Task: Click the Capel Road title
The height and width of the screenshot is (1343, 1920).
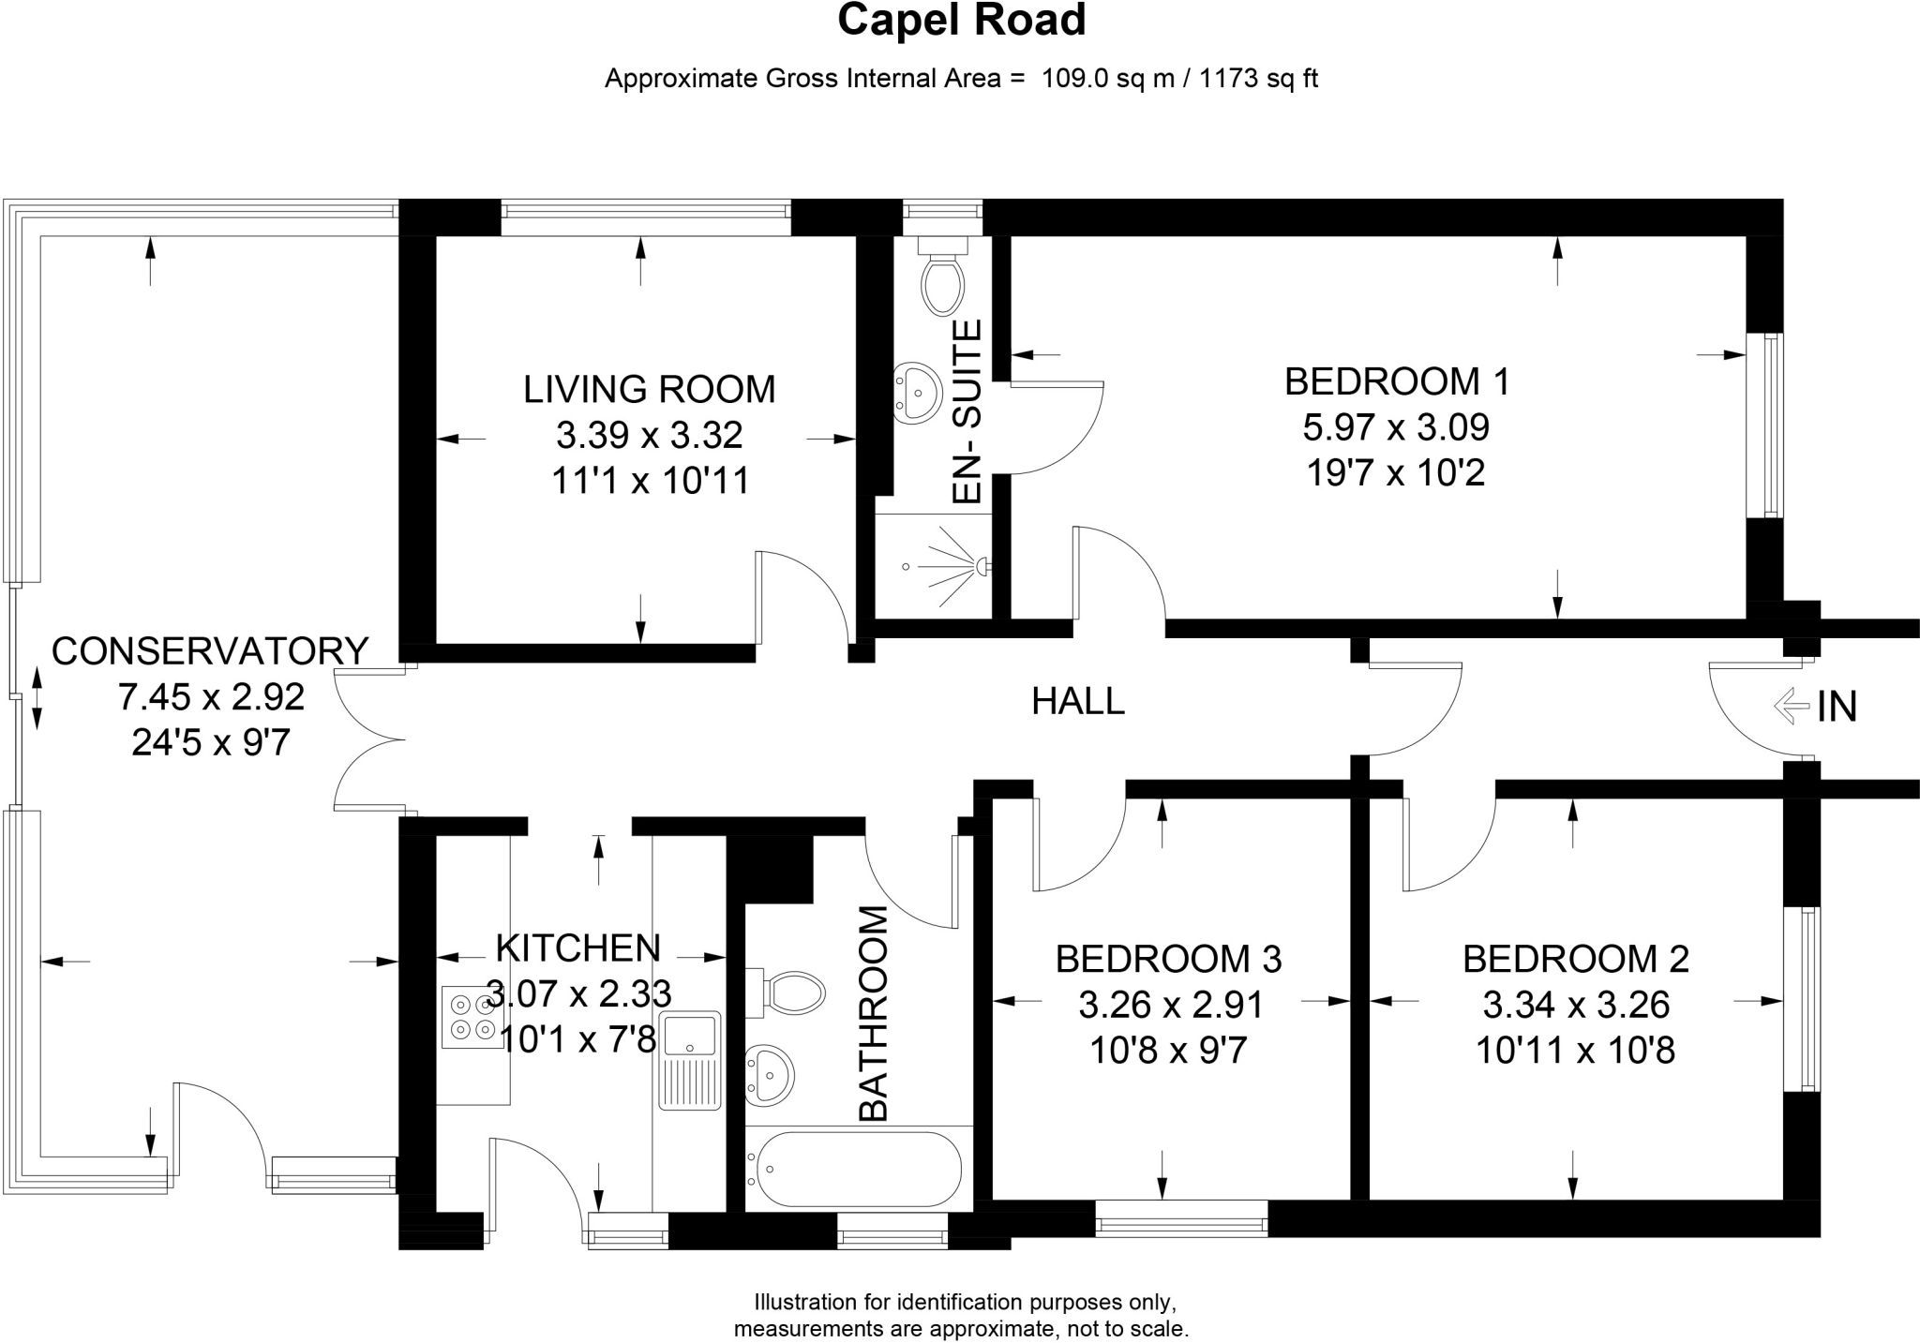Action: click(961, 21)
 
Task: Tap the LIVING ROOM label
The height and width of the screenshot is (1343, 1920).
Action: click(649, 389)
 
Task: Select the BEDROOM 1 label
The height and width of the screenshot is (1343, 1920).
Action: click(1397, 381)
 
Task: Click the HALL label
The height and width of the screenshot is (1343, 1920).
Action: click(1078, 701)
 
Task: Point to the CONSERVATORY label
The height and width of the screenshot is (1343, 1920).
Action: click(210, 650)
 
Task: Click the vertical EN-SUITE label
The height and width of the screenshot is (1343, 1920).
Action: click(967, 412)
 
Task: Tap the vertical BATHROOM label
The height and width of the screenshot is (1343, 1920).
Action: click(873, 1013)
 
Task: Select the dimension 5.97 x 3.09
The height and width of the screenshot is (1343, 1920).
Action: click(1396, 427)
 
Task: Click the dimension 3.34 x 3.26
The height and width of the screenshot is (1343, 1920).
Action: click(1576, 1005)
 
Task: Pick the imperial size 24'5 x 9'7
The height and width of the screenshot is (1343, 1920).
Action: click(210, 742)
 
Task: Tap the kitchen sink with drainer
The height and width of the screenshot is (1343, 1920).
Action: click(689, 1059)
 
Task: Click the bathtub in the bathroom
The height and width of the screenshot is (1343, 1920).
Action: click(853, 1168)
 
